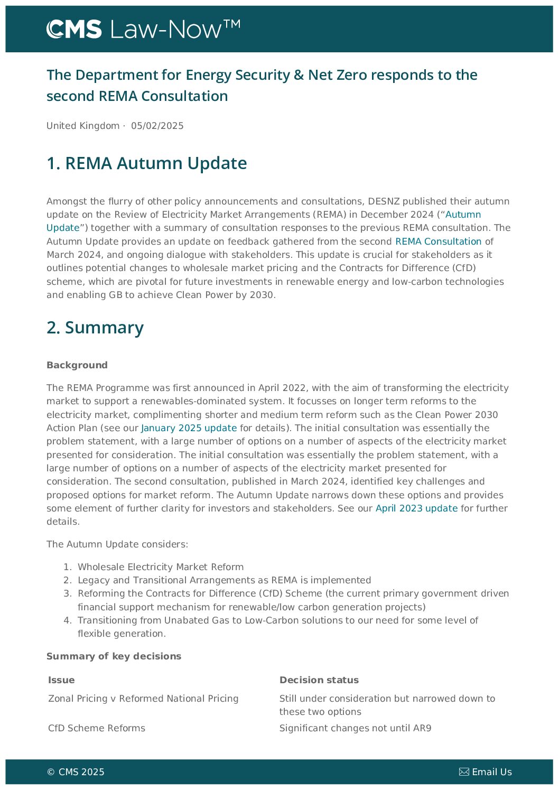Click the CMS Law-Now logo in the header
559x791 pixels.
point(143,29)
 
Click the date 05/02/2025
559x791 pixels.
point(157,126)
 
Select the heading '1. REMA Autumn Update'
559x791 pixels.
point(146,163)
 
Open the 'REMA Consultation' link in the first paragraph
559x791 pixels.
point(438,241)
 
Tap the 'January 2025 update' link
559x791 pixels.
point(189,428)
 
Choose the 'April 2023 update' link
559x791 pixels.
point(416,508)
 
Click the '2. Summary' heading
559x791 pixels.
point(95,328)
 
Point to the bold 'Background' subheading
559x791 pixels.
point(77,365)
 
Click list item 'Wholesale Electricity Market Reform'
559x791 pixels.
point(161,567)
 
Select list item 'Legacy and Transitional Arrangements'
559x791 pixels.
point(224,580)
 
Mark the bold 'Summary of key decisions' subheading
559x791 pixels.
point(114,656)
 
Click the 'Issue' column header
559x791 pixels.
point(61,680)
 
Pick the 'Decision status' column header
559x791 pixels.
point(319,680)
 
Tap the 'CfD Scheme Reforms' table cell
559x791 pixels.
point(97,728)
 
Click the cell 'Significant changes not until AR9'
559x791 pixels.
point(355,728)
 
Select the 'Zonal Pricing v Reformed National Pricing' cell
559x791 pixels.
point(143,699)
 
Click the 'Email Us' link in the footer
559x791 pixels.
point(491,772)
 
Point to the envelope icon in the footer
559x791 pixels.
point(464,772)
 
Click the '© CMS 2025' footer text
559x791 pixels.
point(76,772)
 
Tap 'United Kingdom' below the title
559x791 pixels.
point(83,126)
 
